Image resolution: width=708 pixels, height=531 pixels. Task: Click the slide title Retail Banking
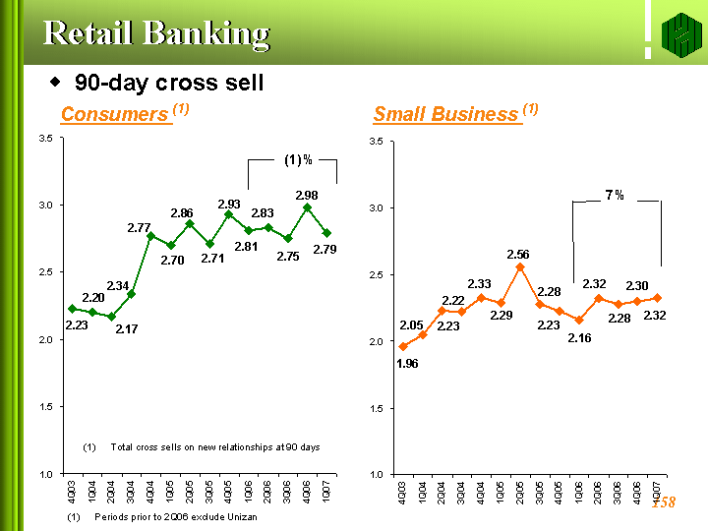coord(156,33)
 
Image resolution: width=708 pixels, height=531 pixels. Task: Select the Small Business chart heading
coord(447,115)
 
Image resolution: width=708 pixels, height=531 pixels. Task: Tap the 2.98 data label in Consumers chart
coord(308,196)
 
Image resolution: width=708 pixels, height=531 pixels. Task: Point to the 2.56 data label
coord(518,255)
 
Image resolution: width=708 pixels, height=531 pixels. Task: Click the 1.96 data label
coord(407,363)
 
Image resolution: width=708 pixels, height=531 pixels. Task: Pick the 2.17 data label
coord(126,329)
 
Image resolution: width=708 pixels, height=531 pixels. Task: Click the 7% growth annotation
coord(615,196)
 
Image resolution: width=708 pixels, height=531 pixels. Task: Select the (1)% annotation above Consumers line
coord(298,159)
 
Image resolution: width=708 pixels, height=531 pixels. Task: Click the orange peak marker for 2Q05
coord(520,266)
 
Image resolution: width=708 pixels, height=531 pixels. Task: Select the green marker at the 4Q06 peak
coord(307,207)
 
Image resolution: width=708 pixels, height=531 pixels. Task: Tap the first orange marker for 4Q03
coord(403,346)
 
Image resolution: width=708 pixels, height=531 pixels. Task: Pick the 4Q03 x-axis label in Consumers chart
coord(73,491)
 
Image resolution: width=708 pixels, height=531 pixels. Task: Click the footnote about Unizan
coord(162,517)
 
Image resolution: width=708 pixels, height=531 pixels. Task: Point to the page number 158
coord(664,502)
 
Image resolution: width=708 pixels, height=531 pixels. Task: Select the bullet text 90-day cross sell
coord(169,83)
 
